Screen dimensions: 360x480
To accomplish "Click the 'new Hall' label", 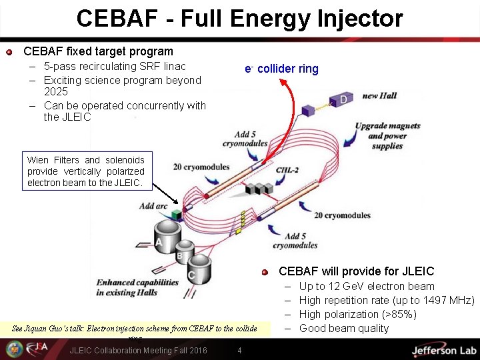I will [x=379, y=96].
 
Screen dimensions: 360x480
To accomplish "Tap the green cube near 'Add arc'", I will [x=177, y=215].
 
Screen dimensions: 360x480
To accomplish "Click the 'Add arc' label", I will [x=153, y=206].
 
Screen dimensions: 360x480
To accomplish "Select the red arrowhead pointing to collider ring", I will [x=282, y=82].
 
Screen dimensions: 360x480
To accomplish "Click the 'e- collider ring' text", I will [x=281, y=69].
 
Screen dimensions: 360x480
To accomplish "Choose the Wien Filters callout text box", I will [x=85, y=171].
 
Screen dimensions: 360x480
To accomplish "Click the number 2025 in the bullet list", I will [x=56, y=92].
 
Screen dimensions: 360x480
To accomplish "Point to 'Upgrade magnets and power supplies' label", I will [x=387, y=135].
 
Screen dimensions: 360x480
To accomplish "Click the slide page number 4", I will [x=239, y=351].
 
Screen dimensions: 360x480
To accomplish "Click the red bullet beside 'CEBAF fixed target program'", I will [x=9, y=52].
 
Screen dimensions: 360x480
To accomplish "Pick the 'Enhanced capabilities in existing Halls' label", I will [x=136, y=287].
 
